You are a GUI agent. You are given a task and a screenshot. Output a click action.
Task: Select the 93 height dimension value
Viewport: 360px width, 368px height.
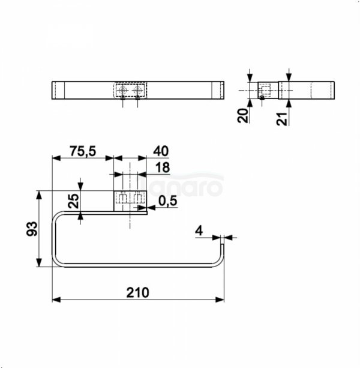tap(32, 229)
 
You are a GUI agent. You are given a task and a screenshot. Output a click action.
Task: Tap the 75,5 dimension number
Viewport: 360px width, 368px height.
tap(83, 152)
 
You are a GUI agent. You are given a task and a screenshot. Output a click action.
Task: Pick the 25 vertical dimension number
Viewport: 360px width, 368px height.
tap(73, 201)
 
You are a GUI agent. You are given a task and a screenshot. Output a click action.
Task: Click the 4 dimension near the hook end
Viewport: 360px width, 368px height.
tap(199, 229)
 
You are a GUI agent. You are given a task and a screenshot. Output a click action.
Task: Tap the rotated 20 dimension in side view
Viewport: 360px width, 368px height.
tap(243, 115)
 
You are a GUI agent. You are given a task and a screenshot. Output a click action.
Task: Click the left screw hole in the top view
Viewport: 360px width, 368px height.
tap(123, 90)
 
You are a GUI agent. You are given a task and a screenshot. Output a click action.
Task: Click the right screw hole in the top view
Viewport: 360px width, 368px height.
tap(137, 90)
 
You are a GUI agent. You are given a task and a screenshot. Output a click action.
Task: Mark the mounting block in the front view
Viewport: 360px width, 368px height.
tap(130, 198)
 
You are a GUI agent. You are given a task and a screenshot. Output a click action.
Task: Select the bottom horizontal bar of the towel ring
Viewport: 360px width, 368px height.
tap(138, 265)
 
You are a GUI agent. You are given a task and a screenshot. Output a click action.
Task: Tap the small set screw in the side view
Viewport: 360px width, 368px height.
tap(262, 98)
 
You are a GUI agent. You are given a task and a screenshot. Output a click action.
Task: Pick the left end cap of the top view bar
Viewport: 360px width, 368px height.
tap(58, 90)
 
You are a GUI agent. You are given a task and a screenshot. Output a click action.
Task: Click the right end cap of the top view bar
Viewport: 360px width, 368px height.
tap(220, 90)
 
